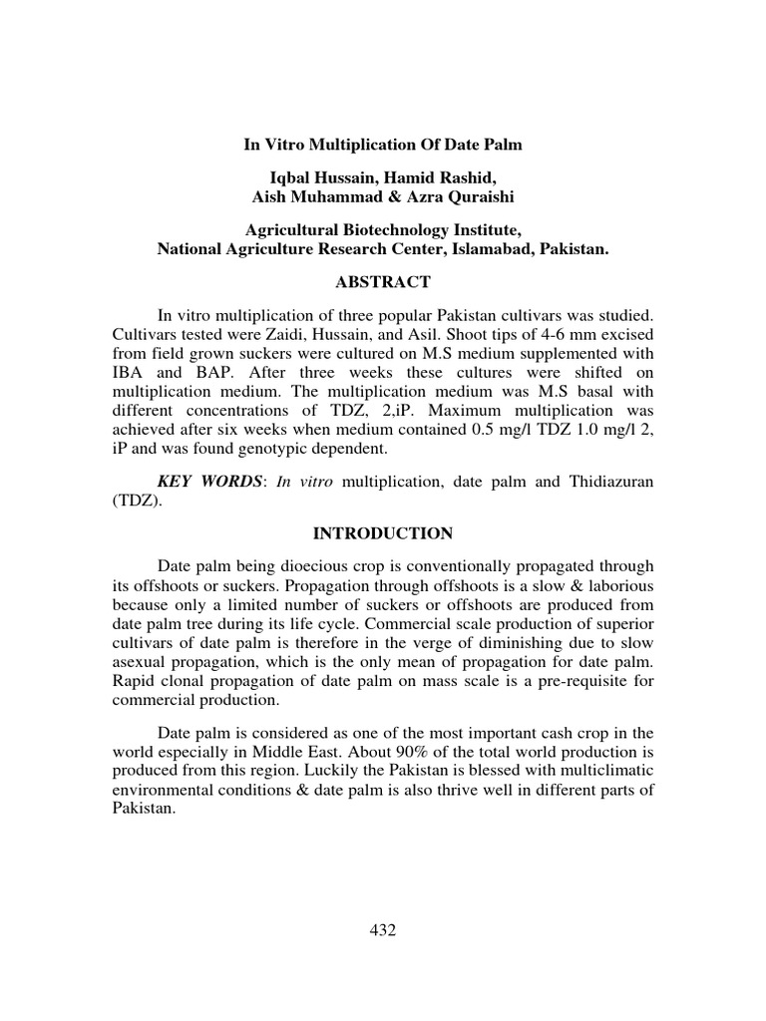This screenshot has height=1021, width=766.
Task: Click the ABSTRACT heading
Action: [383, 282]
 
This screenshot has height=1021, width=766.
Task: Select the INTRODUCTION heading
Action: [383, 533]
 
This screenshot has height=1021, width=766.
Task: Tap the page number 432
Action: [383, 930]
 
